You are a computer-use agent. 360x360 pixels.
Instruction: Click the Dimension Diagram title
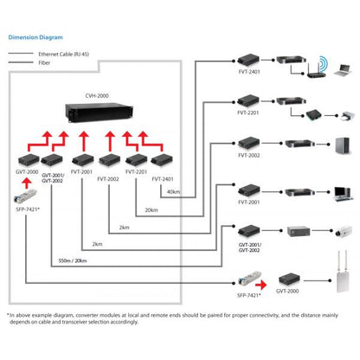point(35,37)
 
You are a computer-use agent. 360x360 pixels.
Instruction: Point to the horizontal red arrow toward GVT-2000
point(268,280)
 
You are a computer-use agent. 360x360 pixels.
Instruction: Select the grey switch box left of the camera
point(299,233)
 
